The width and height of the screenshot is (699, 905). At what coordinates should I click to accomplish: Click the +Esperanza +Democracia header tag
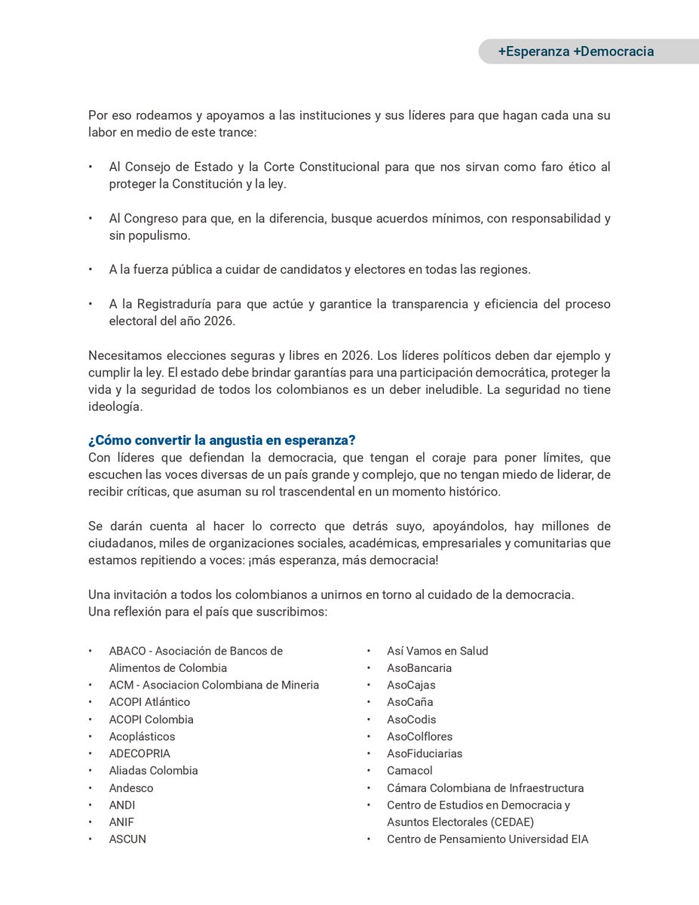pos(575,52)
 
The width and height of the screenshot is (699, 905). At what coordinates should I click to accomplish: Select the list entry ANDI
pos(122,805)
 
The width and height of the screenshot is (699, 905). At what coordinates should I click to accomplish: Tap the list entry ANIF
pos(121,822)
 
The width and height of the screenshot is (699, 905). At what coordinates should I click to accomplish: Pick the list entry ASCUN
pos(127,839)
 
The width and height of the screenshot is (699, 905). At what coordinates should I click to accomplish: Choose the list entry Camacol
pos(409,771)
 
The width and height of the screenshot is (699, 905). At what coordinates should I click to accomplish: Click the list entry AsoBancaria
pos(419,667)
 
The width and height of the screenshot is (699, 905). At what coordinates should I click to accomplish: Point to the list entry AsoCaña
pos(410,702)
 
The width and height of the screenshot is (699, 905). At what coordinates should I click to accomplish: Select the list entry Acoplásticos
pos(142,736)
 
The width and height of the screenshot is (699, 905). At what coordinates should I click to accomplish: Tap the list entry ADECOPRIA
pos(139,753)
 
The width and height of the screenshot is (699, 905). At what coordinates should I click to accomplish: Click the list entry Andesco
pos(131,788)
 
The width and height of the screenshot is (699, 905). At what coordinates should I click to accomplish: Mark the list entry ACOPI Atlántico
pos(149,702)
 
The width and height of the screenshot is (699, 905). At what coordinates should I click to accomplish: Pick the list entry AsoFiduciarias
pos(425,753)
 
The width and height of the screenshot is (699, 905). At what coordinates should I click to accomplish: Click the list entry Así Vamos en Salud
pos(437,651)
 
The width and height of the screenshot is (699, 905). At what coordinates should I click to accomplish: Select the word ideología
pos(115,406)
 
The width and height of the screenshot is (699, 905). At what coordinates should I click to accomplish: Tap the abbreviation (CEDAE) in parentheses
pos(508,822)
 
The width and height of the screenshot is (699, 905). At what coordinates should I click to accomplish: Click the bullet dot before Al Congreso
pos(90,219)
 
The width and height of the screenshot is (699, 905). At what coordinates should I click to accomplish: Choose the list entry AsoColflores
pos(419,736)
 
